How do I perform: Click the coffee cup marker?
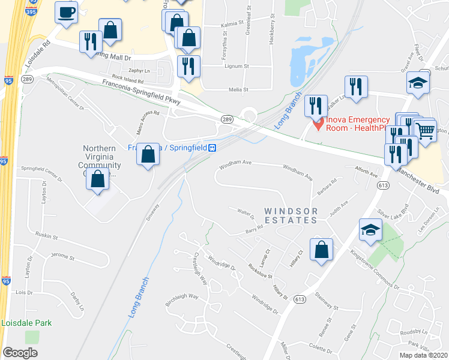pos(66,11)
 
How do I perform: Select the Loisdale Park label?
pos(26,323)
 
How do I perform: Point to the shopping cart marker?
pos(426,130)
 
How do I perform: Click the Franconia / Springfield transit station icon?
pos(212,148)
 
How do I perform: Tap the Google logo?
pos(20,353)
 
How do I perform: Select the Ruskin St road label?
pos(46,236)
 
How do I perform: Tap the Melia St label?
pos(238,89)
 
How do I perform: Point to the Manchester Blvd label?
pos(421,180)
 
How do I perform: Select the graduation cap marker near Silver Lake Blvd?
pos(370,230)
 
